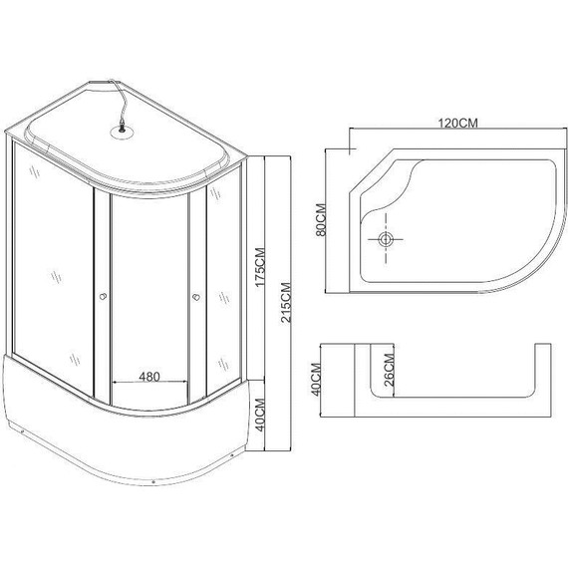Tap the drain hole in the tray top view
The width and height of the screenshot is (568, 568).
pos(387,240)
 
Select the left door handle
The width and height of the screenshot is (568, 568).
pos(102,295)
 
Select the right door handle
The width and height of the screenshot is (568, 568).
pos(195,295)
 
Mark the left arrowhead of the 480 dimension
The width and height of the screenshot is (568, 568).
pos(113,385)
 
